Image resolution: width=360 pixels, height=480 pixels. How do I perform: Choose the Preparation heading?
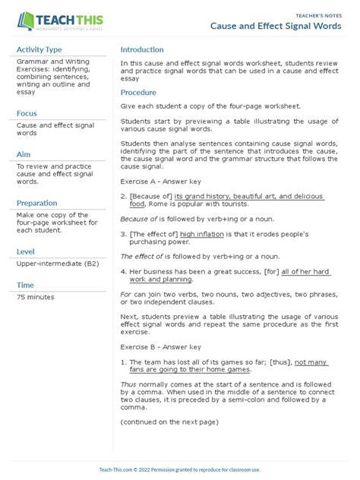tap(36, 203)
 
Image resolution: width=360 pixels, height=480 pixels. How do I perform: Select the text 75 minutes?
tap(38, 298)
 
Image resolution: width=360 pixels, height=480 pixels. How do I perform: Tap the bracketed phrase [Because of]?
tap(150, 196)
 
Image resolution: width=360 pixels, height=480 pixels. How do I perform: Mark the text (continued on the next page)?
tap(169, 422)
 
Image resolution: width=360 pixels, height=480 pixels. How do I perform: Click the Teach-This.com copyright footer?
tap(179, 470)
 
